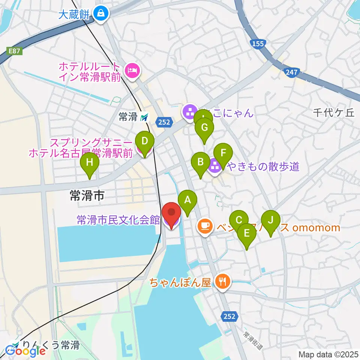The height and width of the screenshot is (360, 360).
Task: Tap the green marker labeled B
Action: coord(201,162)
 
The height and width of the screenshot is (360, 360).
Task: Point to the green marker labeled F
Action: coord(223,153)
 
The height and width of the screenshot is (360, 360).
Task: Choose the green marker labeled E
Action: coord(247,233)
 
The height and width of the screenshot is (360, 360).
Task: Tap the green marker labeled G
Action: coord(204,127)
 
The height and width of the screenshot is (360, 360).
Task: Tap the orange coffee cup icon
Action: coord(204,226)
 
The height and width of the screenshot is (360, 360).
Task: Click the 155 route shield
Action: coord(258,44)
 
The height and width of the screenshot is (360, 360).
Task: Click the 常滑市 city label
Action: coord(87,195)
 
